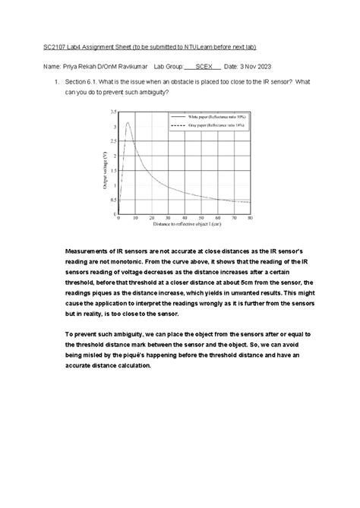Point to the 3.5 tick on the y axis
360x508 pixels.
click(113, 112)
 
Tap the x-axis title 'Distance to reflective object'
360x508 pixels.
click(182, 225)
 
